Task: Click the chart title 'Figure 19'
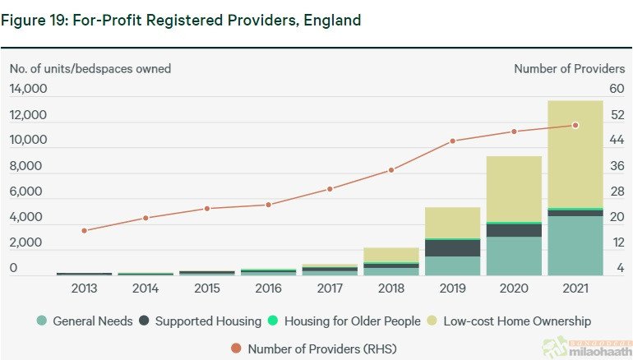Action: pos(181,20)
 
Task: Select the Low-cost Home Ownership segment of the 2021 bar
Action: pos(575,154)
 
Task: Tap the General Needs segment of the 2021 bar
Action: pos(575,245)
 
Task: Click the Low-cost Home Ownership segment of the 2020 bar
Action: pos(513,189)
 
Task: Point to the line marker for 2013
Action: pos(84,230)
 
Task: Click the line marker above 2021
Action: pos(575,125)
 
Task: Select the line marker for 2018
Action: pos(391,170)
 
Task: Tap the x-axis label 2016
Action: pos(268,289)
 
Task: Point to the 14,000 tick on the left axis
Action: pos(28,89)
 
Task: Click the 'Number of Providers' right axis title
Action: pos(569,69)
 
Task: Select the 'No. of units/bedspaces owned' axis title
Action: pos(90,69)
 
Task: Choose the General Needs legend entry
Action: pos(85,321)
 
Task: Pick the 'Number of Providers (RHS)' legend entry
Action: pos(314,348)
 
